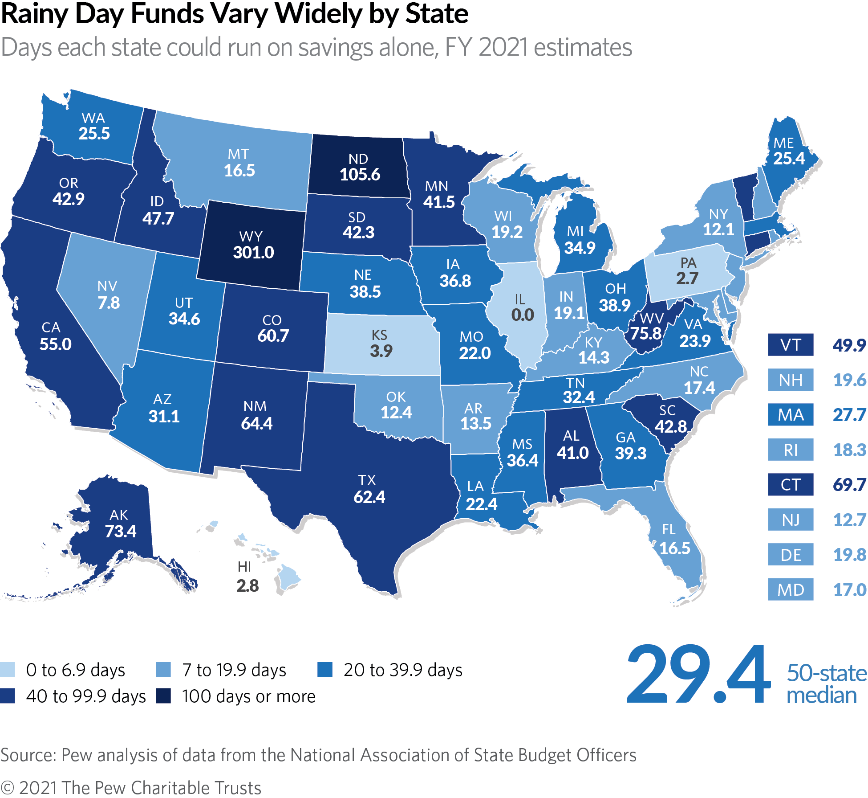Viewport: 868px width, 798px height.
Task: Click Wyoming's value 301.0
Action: [253, 253]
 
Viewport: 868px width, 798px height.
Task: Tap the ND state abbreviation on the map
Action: [358, 159]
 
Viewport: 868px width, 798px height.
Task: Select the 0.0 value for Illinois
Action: [522, 315]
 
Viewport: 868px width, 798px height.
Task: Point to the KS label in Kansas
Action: [379, 335]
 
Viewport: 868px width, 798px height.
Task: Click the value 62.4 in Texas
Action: [369, 497]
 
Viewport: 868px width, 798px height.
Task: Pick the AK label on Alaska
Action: [119, 515]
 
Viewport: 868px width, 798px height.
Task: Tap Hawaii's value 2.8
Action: [247, 585]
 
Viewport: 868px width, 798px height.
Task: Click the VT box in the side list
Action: [791, 345]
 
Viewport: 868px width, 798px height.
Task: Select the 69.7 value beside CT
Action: [849, 485]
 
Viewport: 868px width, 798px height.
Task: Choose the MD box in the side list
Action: [791, 590]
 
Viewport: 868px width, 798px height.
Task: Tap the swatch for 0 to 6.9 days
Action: [8, 670]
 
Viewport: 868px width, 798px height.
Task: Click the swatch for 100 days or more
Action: [163, 696]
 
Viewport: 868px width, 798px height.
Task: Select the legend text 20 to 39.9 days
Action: [403, 670]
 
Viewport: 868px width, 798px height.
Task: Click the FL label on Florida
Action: [669, 529]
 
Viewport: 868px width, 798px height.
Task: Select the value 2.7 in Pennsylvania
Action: [687, 278]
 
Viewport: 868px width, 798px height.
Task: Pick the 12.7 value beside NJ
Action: [849, 520]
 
